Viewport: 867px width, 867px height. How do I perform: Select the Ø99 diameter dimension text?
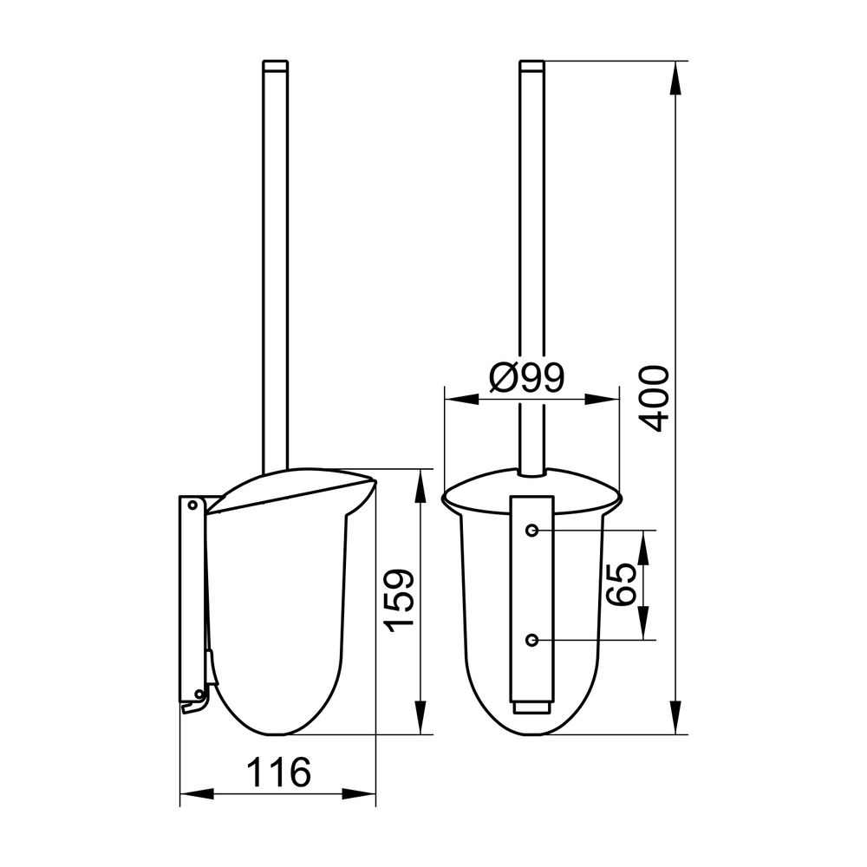pyautogui.click(x=527, y=378)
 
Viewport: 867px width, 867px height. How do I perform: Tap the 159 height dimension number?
pyautogui.click(x=399, y=601)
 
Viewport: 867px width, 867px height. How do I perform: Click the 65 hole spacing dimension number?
pyautogui.click(x=618, y=584)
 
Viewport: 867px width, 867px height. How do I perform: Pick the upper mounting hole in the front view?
pyautogui.click(x=532, y=531)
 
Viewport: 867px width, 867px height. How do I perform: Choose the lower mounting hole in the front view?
pyautogui.click(x=532, y=641)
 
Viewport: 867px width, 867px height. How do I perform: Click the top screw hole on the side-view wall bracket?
pyautogui.click(x=192, y=505)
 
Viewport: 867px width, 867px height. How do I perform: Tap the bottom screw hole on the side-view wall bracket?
pyautogui.click(x=199, y=694)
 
